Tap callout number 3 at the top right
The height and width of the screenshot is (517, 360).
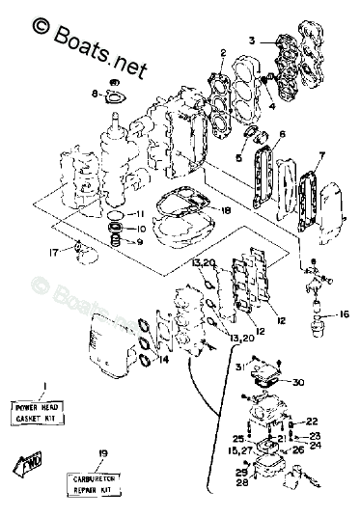pyautogui.click(x=252, y=41)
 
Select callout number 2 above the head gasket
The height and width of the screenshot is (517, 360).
pyautogui.click(x=223, y=52)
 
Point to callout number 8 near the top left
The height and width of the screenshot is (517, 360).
pyautogui.click(x=96, y=94)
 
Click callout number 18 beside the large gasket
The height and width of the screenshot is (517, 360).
pyautogui.click(x=226, y=210)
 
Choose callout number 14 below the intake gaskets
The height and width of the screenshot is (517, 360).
pyautogui.click(x=162, y=359)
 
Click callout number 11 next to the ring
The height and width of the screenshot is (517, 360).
pyautogui.click(x=140, y=213)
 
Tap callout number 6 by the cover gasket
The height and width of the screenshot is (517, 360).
pyautogui.click(x=282, y=133)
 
